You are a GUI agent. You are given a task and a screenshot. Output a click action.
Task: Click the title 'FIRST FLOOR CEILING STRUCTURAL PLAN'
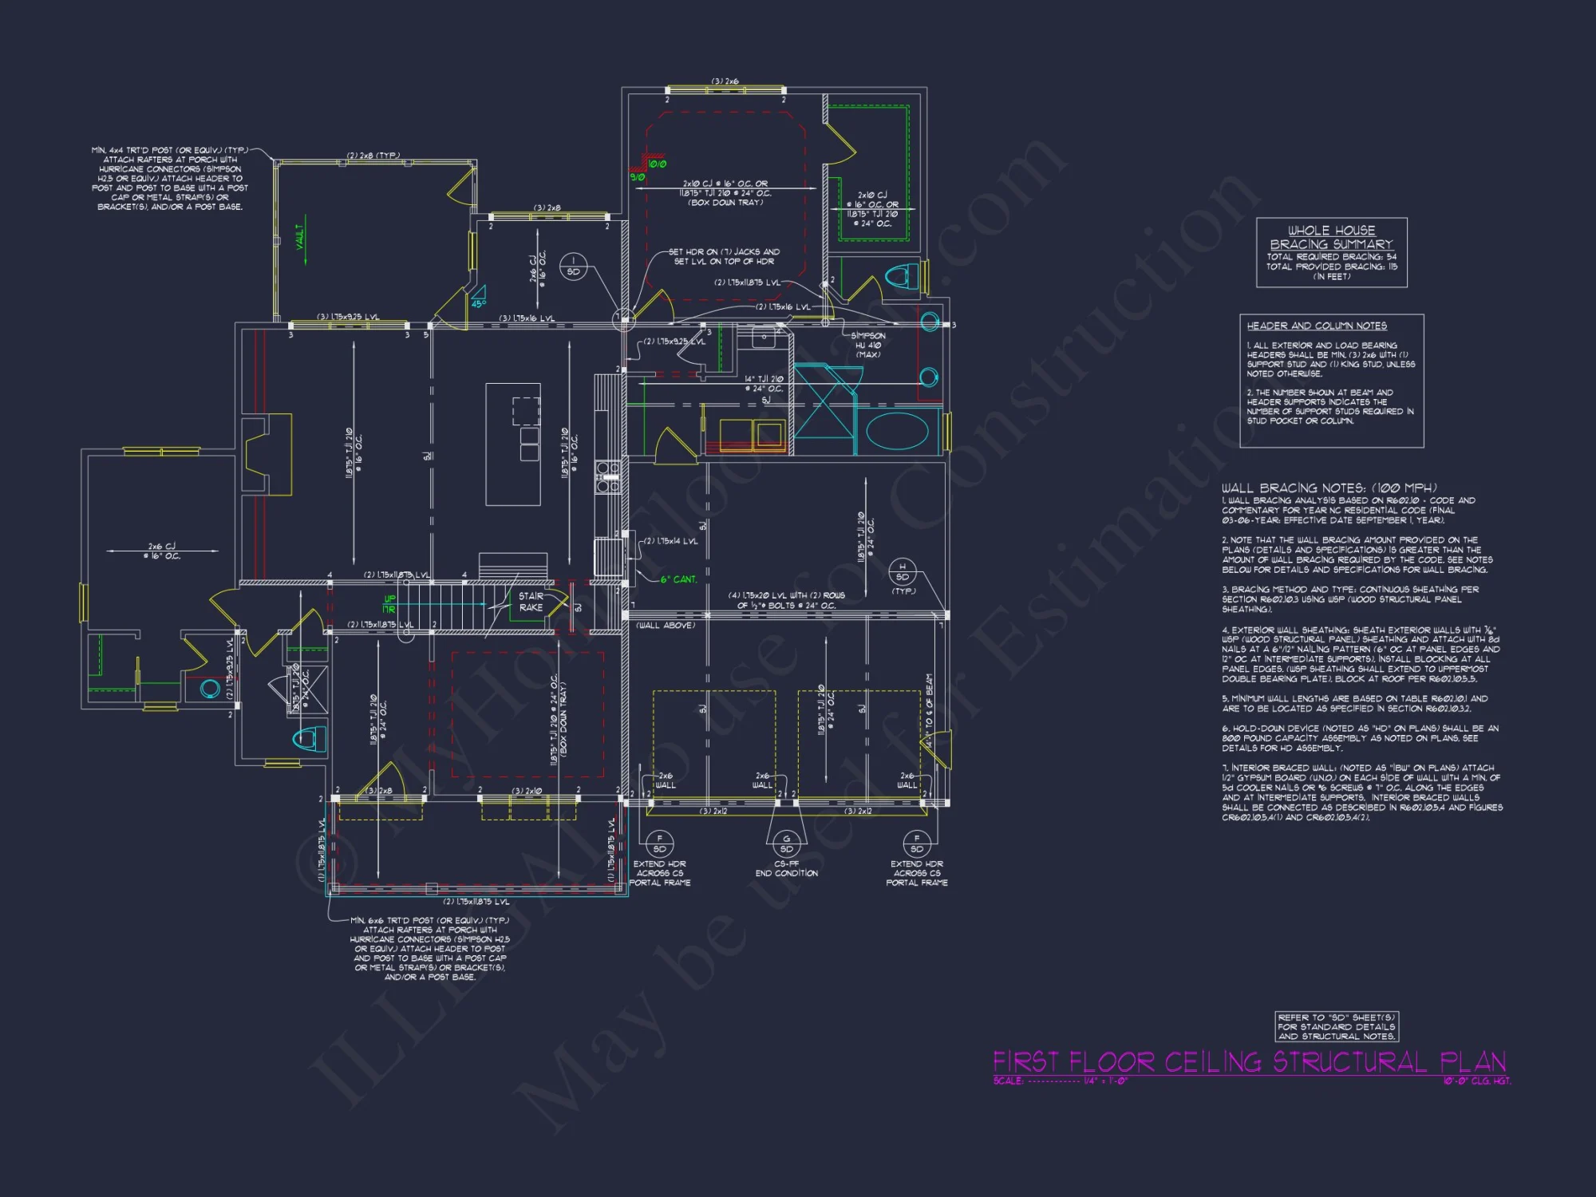pyautogui.click(x=1249, y=1062)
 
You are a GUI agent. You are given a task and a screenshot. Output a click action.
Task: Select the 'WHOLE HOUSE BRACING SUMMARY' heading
pyautogui.click(x=1331, y=237)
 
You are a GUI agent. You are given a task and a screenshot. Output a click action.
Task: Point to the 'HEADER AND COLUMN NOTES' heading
pyautogui.click(x=1317, y=326)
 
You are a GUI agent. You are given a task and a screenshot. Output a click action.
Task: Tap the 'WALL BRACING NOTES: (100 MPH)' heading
pyautogui.click(x=1329, y=488)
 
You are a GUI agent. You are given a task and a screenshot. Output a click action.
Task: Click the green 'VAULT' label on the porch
pyautogui.click(x=301, y=236)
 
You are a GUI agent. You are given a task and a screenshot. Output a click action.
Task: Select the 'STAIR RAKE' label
pyautogui.click(x=531, y=602)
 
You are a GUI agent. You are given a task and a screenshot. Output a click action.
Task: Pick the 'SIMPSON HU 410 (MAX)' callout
pyautogui.click(x=867, y=345)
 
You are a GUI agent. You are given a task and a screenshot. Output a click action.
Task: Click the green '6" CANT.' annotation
pyautogui.click(x=678, y=579)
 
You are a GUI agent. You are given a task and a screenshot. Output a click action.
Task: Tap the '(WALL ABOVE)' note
pyautogui.click(x=666, y=626)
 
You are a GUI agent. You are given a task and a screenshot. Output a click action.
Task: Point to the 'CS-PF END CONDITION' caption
pyautogui.click(x=786, y=868)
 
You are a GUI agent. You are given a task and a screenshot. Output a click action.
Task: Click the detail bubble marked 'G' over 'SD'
pyautogui.click(x=787, y=843)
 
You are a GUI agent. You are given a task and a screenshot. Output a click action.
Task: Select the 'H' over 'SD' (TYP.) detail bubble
pyautogui.click(x=903, y=572)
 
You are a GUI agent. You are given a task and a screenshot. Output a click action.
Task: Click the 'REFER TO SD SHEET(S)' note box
pyautogui.click(x=1337, y=1027)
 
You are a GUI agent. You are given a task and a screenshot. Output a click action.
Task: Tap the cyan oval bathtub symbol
pyautogui.click(x=897, y=432)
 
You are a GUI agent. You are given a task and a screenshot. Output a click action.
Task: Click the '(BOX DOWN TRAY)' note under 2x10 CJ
pyautogui.click(x=725, y=203)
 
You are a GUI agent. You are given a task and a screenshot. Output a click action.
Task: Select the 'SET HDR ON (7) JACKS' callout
pyautogui.click(x=725, y=256)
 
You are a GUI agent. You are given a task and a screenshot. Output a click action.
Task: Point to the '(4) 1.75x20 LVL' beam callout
pyautogui.click(x=786, y=600)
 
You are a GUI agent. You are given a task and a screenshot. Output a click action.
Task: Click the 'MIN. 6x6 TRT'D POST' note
pyautogui.click(x=429, y=948)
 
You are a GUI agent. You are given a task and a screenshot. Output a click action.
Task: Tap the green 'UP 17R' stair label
pyautogui.click(x=389, y=604)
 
